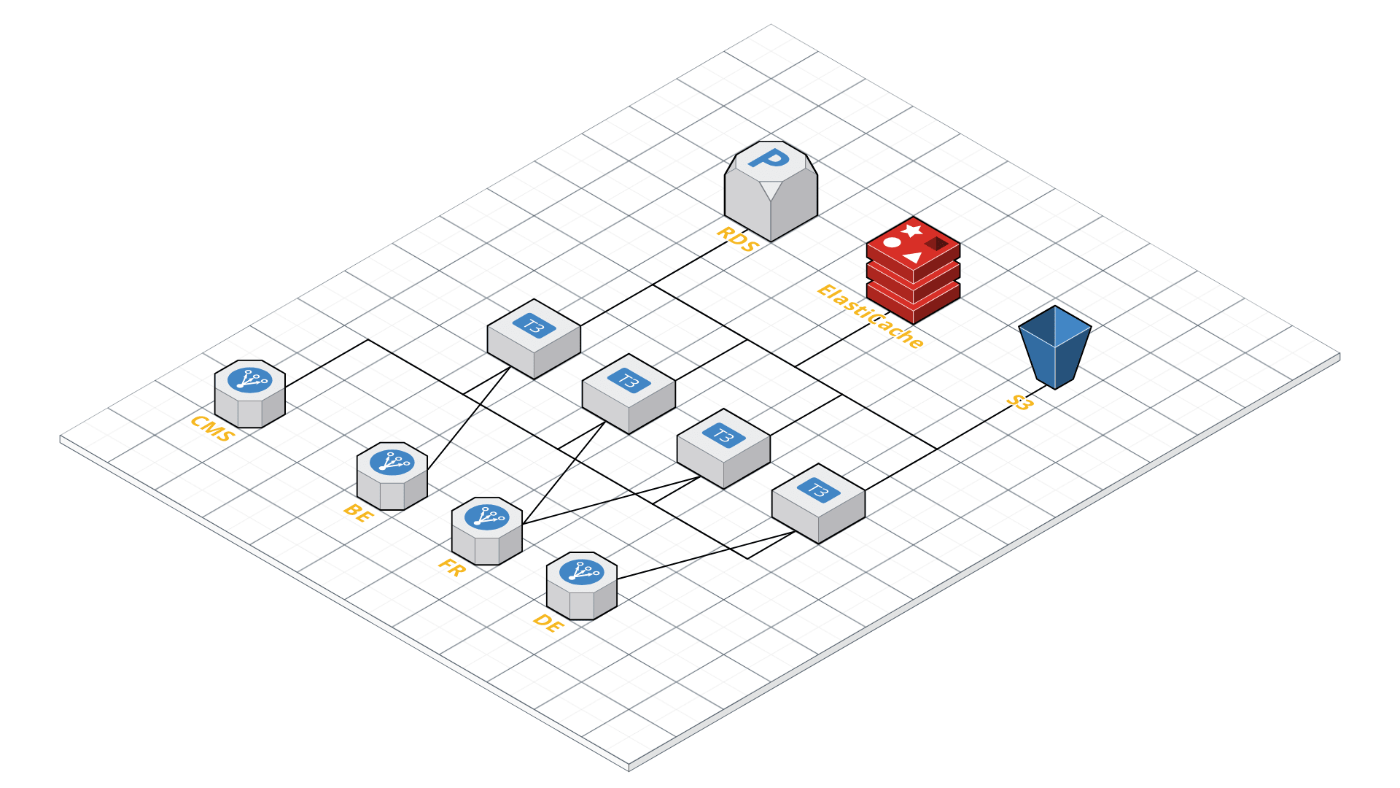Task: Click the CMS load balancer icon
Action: tap(249, 394)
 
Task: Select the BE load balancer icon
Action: tap(392, 476)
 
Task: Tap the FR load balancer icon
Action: tap(486, 531)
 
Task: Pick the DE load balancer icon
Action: tap(581, 586)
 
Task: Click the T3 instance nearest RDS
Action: tap(534, 339)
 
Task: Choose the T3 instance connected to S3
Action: tap(818, 503)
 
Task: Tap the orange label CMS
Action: tap(212, 429)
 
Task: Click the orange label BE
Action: tap(358, 512)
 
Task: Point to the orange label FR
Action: tap(451, 567)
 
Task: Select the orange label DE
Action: tap(548, 623)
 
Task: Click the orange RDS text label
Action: tap(738, 239)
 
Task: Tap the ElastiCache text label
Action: tap(870, 316)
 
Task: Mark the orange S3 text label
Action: tap(1019, 402)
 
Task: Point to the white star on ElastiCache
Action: tap(911, 231)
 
